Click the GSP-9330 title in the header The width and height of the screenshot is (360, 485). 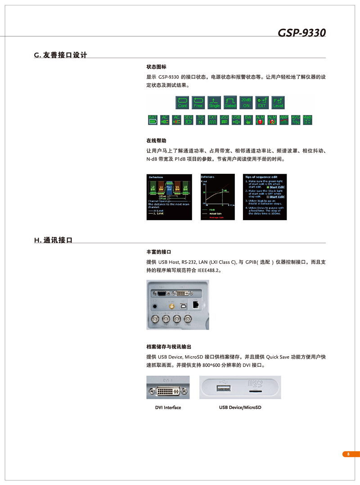301,33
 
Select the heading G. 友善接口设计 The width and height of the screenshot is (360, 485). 60,55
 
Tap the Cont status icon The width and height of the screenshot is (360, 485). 182,102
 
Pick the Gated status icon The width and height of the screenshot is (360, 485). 230,102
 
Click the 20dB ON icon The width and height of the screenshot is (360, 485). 246,102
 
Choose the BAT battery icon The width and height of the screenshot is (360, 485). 153,120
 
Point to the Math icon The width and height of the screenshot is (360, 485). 307,120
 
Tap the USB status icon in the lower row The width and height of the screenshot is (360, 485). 236,120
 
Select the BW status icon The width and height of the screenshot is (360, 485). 248,120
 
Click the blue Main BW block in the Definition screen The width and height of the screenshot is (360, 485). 169,189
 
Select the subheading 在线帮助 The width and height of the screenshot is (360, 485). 156,141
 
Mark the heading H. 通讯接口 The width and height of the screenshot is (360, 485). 53,240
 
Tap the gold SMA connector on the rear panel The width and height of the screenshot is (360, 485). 171,305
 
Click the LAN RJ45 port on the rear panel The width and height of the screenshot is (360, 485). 196,304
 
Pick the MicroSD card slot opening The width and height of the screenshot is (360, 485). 256,392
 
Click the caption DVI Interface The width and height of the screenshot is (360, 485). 168,408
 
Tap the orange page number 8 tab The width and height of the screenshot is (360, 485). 347,454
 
